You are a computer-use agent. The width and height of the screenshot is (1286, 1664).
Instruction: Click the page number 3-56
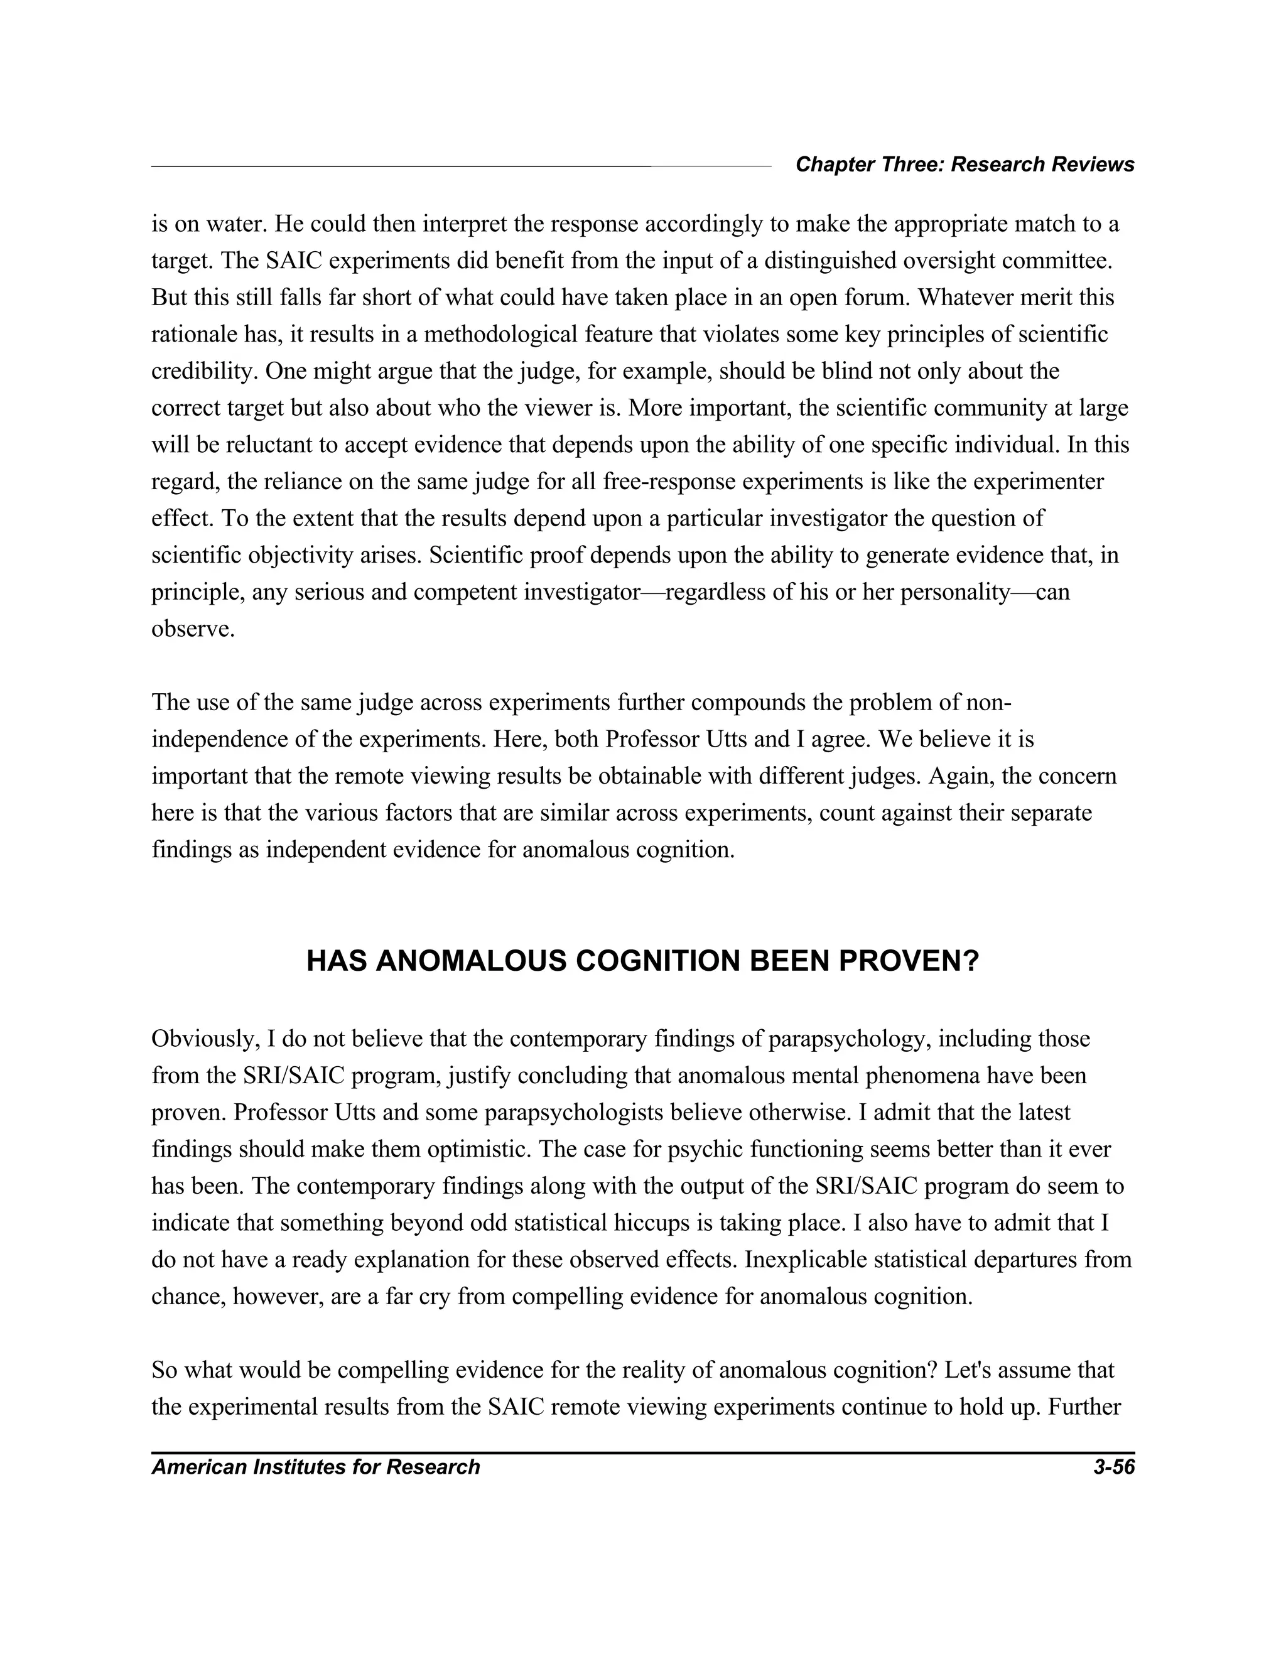pyautogui.click(x=1113, y=1467)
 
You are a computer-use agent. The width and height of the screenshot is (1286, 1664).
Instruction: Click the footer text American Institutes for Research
pyautogui.click(x=315, y=1467)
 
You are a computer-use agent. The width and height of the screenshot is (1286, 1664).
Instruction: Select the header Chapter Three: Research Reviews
pyautogui.click(x=964, y=165)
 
